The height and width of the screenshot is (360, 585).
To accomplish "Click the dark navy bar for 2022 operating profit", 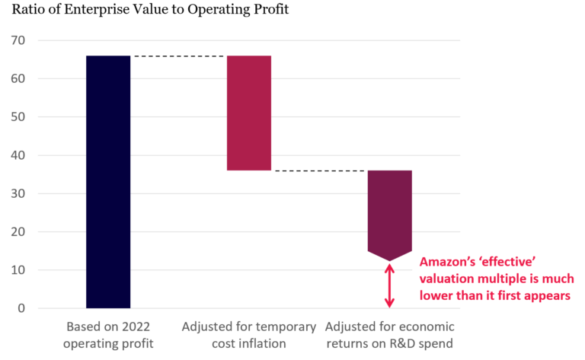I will pos(108,182).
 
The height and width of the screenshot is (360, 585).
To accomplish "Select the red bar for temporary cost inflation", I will pos(249,113).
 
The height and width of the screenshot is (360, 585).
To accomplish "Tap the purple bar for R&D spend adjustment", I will pos(390,213).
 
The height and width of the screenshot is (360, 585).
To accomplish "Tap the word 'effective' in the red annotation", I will pos(509,260).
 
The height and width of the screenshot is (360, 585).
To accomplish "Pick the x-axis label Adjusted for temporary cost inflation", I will pos(249,335).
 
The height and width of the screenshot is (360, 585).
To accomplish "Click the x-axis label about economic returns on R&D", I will pos(389,335).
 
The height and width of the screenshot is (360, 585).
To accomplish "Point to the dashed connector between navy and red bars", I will pos(178,56).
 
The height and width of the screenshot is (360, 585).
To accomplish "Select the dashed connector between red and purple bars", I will pos(319,170).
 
